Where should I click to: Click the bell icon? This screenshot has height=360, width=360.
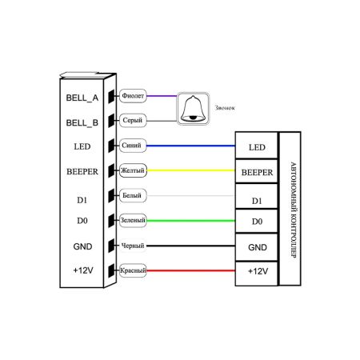[193, 109]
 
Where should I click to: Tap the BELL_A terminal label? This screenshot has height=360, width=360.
[82, 98]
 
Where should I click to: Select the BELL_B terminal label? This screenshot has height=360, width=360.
[82, 123]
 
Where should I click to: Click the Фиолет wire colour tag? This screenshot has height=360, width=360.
[133, 96]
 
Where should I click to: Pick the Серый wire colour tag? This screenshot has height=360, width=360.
[133, 120]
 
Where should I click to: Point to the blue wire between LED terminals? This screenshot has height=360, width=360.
[190, 146]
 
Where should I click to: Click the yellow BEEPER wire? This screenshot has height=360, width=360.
[190, 170]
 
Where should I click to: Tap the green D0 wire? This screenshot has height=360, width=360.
[190, 221]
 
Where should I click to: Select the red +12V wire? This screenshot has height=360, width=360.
[190, 270]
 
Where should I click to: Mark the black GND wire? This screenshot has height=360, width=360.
[190, 246]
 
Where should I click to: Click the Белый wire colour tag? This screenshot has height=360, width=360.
[133, 195]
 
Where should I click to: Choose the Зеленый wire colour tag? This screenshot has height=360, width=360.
[133, 221]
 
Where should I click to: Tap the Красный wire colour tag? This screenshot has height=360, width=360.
[133, 270]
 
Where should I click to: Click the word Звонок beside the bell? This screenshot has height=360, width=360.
[225, 108]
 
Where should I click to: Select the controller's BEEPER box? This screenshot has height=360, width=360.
[257, 171]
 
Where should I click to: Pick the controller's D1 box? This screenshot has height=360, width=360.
[257, 196]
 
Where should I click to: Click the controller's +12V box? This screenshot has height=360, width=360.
[257, 274]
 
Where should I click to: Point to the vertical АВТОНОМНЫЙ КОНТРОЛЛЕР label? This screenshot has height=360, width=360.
[294, 210]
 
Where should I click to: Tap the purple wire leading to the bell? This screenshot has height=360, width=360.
[162, 96]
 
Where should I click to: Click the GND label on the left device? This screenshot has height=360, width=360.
[82, 246]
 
